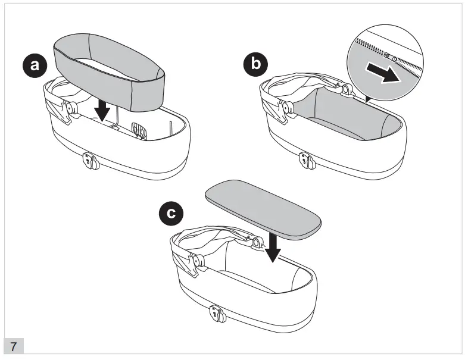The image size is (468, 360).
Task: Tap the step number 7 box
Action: coord(13,346)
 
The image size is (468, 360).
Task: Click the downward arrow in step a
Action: coord(103,110)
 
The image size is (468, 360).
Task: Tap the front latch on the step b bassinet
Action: coord(308,160)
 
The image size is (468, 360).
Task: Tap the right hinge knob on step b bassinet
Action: coord(345,90)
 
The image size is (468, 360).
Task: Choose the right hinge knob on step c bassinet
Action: coord(256,242)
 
